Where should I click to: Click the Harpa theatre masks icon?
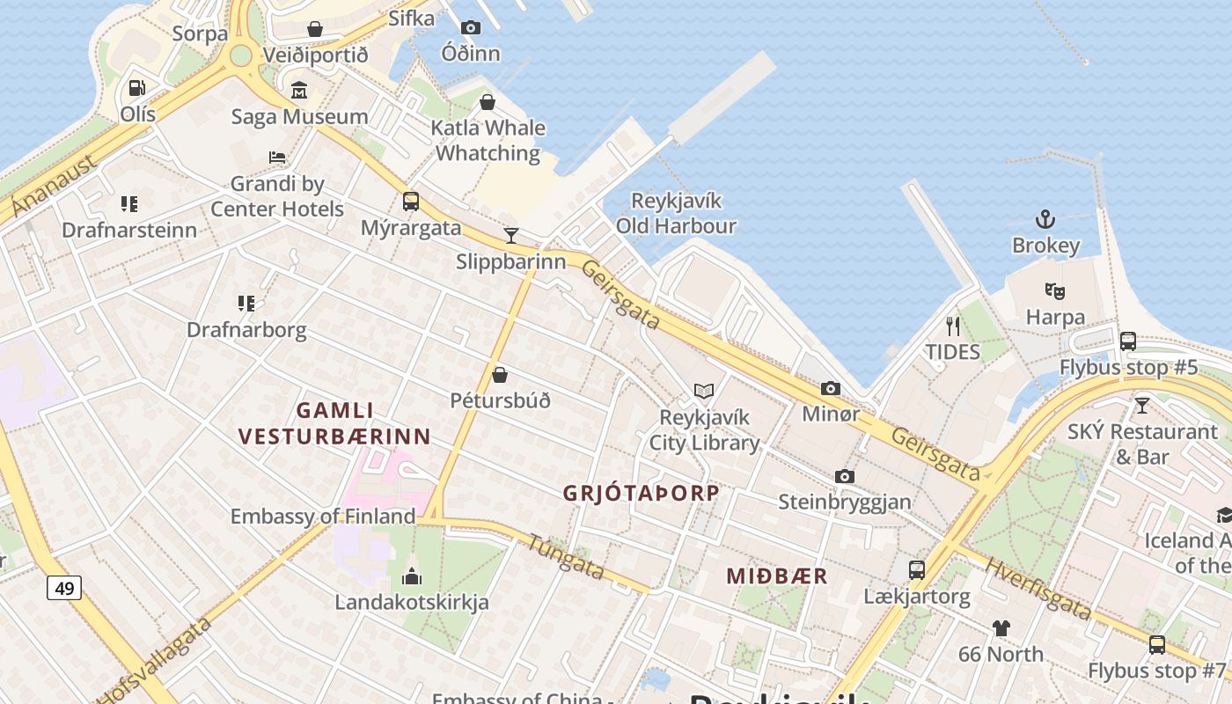click(1054, 290)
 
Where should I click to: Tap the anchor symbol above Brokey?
click(1045, 219)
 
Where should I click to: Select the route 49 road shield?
click(64, 587)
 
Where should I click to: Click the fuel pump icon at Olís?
click(136, 88)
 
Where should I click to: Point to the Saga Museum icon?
click(298, 91)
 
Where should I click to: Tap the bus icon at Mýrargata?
click(410, 202)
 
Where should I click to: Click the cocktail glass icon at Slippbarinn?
click(510, 235)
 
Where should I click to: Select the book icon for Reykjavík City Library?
click(703, 391)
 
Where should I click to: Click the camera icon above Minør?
click(830, 388)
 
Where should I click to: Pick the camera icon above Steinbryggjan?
click(845, 476)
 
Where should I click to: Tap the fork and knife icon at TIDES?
click(952, 326)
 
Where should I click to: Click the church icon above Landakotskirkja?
click(411, 577)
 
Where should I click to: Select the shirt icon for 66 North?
click(1001, 628)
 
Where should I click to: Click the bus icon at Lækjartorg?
click(916, 570)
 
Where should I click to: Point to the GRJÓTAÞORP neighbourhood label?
click(641, 493)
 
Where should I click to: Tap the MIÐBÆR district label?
click(776, 576)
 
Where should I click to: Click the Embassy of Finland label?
click(322, 517)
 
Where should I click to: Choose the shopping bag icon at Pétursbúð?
click(499, 375)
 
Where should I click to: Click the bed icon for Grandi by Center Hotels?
click(276, 158)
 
